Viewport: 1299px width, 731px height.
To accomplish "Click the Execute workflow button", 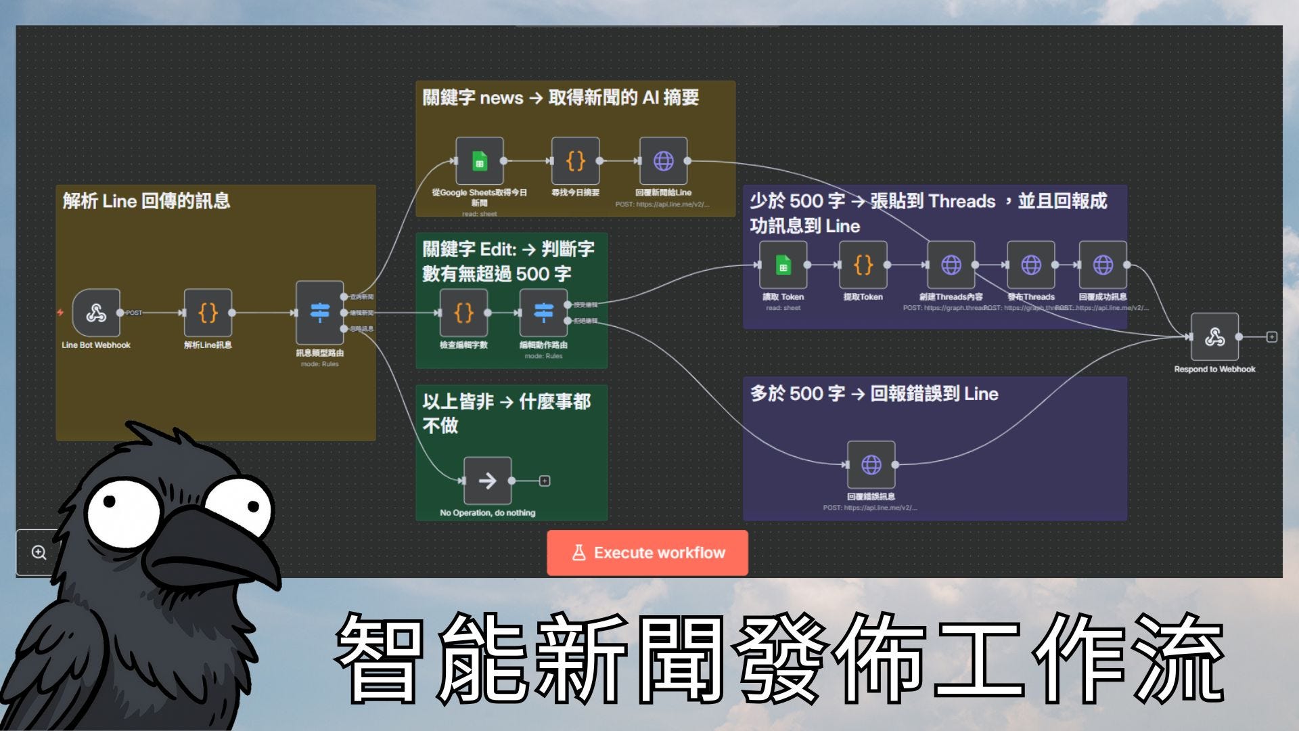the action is [x=647, y=553].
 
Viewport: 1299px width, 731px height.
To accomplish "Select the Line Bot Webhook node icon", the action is [x=96, y=313].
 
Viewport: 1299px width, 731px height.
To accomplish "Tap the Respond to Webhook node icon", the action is [x=1214, y=336].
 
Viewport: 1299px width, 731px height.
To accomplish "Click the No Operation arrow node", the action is [x=487, y=481].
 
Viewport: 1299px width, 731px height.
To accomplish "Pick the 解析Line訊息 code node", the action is [x=208, y=313].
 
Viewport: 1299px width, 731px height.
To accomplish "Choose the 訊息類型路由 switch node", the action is [x=319, y=313].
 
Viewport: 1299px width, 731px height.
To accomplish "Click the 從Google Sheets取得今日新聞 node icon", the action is [x=479, y=161].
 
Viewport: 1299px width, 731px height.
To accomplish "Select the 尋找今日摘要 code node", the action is [x=575, y=161].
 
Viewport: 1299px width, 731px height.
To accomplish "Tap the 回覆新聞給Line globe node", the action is [x=663, y=161].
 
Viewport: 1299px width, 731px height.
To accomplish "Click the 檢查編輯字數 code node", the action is [x=463, y=313].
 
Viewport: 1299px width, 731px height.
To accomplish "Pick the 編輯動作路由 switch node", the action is [x=543, y=313].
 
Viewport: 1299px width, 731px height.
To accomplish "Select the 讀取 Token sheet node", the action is [x=783, y=265].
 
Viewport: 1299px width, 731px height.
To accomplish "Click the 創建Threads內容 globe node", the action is [x=951, y=265].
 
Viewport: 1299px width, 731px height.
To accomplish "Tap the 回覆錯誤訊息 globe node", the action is [x=871, y=464].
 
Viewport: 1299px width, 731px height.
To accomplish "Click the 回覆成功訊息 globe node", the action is [x=1103, y=265].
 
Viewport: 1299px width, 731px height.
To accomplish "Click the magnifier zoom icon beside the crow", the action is [x=39, y=552].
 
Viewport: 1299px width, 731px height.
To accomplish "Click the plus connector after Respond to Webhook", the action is [x=1272, y=336].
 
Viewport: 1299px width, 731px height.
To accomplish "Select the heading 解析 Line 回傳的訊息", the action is [x=146, y=201].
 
